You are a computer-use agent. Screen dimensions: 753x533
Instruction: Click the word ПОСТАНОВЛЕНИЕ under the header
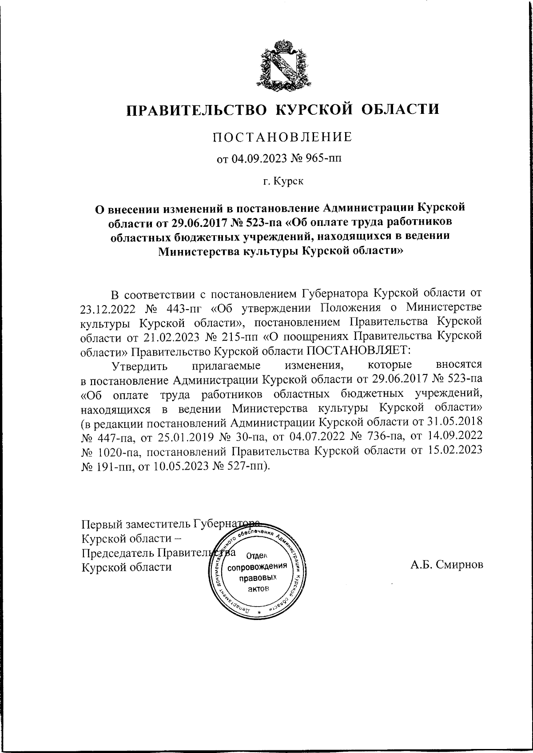pyautogui.click(x=282, y=137)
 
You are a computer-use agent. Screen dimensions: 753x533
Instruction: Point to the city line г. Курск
pyautogui.click(x=282, y=181)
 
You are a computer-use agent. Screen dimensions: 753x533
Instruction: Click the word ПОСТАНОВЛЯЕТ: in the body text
pyautogui.click(x=359, y=350)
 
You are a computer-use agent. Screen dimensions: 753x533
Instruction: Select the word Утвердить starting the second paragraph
pyautogui.click(x=139, y=366)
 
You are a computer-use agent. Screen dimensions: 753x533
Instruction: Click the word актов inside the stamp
pyautogui.click(x=257, y=589)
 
